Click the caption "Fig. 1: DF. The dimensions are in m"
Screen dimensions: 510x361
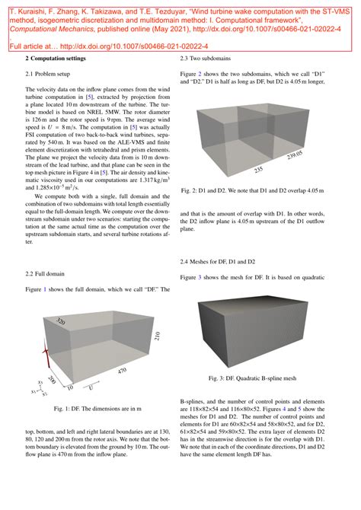[x=97, y=410]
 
